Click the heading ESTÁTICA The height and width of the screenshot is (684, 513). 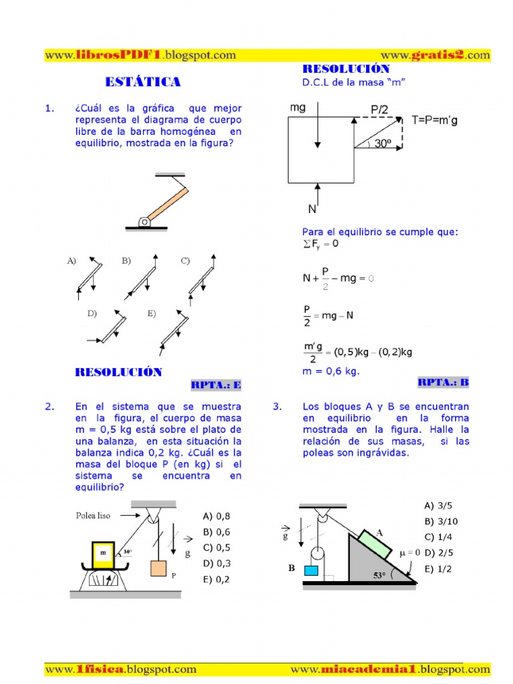(x=143, y=82)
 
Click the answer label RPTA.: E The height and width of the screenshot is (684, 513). (x=216, y=385)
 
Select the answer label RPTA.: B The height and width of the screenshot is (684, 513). (x=444, y=382)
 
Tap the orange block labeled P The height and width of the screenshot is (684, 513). (x=158, y=568)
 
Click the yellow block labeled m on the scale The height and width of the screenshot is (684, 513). (x=103, y=553)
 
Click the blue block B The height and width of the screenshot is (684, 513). (x=311, y=570)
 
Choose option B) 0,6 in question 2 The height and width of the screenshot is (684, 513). (x=216, y=532)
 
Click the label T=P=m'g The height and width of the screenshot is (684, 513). (x=439, y=120)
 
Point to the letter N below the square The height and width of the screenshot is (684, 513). (x=312, y=209)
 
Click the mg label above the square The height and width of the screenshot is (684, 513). (x=298, y=108)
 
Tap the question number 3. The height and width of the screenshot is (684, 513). (x=277, y=406)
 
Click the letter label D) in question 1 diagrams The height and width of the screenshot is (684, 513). (x=92, y=313)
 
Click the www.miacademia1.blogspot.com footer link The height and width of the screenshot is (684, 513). (x=390, y=669)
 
